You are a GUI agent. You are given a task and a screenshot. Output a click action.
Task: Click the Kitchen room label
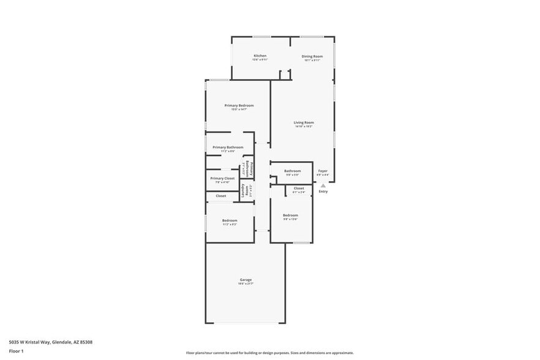click(x=260, y=56)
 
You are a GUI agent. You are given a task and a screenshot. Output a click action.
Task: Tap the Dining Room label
click(x=312, y=56)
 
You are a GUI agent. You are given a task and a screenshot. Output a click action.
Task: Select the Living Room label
click(x=304, y=122)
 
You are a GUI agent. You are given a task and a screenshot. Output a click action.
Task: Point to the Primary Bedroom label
click(x=239, y=105)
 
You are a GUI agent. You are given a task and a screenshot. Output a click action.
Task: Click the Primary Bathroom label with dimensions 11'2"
click(x=228, y=147)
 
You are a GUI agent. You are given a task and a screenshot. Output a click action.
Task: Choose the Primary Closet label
click(x=222, y=178)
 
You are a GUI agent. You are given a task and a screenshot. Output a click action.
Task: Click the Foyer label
click(x=323, y=171)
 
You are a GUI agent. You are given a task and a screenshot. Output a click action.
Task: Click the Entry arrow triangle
click(x=323, y=185)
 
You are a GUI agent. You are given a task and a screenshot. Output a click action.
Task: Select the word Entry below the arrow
click(x=323, y=192)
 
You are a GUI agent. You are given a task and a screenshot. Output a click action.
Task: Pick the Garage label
click(x=246, y=280)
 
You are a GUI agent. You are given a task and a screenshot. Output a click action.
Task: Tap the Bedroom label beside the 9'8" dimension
click(x=290, y=215)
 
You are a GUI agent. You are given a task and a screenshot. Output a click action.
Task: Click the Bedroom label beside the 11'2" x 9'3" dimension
click(x=230, y=220)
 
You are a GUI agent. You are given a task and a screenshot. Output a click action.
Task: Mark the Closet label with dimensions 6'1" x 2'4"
click(x=299, y=188)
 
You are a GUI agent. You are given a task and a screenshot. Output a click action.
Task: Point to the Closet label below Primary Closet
click(x=221, y=196)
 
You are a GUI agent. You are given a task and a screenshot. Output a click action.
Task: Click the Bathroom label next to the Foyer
click(x=292, y=171)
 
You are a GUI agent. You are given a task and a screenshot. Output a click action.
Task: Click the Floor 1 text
click(x=16, y=351)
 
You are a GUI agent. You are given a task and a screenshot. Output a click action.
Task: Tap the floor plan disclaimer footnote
click(x=269, y=353)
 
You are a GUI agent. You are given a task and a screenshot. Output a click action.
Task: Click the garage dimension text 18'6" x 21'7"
click(x=246, y=284)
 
